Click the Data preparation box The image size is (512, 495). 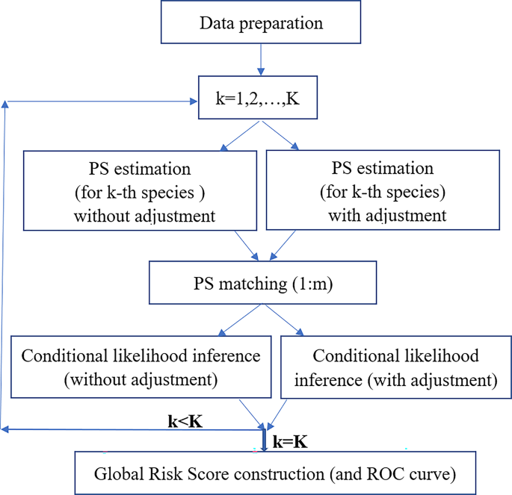pos(261,22)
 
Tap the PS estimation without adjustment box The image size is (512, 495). pos(143,190)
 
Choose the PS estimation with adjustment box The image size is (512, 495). pos(383,190)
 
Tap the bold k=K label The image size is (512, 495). pos(292,442)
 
